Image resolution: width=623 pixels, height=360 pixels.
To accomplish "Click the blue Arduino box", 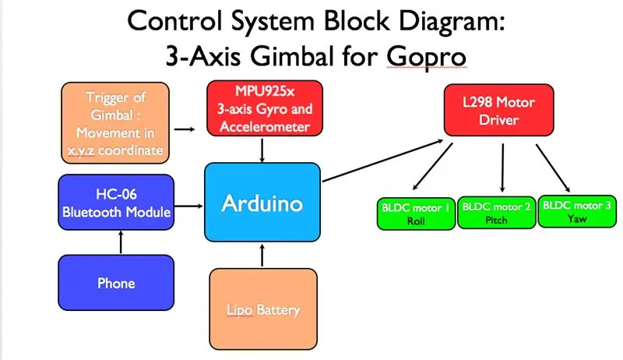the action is point(262,202).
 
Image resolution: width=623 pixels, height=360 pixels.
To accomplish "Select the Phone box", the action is point(116,283).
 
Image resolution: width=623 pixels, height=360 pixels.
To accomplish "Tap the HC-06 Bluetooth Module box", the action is point(116,203).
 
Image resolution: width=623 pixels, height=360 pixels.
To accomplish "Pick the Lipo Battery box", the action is point(263,309).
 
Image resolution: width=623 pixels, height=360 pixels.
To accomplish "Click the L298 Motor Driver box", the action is point(498,110).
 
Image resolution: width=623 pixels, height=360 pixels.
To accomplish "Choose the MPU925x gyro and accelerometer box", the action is point(265,108).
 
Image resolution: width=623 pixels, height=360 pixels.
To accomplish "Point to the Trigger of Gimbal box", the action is point(115,123).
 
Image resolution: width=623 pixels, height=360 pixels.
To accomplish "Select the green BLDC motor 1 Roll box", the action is point(416,214).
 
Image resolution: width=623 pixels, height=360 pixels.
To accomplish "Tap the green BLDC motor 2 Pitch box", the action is point(497,213).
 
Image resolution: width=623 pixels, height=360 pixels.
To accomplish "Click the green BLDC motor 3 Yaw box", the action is point(577,211).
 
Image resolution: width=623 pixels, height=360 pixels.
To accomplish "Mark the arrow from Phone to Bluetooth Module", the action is point(121,242).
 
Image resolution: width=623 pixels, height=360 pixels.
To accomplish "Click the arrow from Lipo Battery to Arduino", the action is point(262,255).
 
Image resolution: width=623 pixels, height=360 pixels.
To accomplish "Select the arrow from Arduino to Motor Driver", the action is point(382,161).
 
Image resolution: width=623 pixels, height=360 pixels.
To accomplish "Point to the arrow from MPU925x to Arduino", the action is point(262,150).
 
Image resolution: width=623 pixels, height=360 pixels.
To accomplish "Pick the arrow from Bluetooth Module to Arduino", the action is point(188,206).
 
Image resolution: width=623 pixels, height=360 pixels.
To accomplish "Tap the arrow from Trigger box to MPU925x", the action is point(185,129).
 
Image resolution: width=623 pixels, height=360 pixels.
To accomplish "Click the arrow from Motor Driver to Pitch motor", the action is point(502,168).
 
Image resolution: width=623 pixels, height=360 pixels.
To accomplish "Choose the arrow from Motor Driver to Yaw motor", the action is point(553,168).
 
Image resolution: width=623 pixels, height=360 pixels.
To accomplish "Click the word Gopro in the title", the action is point(426,57).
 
